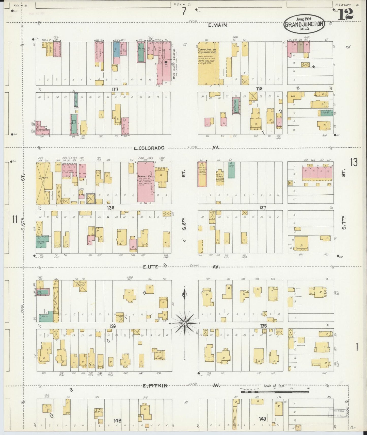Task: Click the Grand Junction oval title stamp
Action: click(304, 25)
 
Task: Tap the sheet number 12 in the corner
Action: click(346, 15)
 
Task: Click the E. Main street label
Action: click(217, 25)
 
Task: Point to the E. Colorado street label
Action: click(149, 148)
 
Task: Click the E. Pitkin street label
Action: click(155, 386)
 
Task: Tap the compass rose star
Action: click(185, 323)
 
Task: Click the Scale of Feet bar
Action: click(275, 392)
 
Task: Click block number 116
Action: click(259, 89)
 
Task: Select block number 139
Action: click(113, 326)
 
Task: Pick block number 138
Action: click(263, 326)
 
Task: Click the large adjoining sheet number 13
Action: click(354, 162)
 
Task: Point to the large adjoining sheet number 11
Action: click(15, 219)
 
